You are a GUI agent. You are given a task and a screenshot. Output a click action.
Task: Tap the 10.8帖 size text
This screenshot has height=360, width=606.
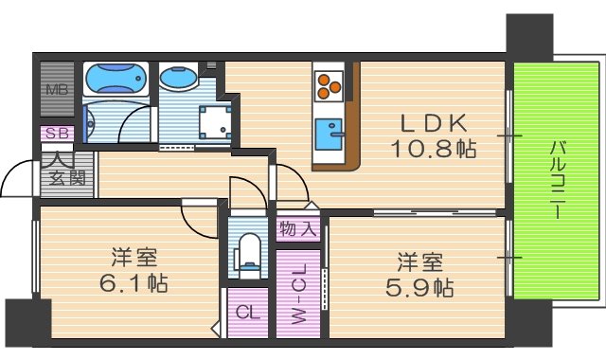[434, 148]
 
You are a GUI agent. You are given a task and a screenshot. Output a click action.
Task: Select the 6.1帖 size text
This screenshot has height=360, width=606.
[134, 282]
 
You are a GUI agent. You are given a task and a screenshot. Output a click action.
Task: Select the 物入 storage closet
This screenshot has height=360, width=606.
[297, 228]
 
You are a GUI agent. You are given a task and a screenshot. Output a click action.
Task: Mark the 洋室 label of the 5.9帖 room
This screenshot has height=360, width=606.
[418, 260]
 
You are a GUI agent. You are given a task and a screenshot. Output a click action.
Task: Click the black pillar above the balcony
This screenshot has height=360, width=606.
[531, 36]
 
